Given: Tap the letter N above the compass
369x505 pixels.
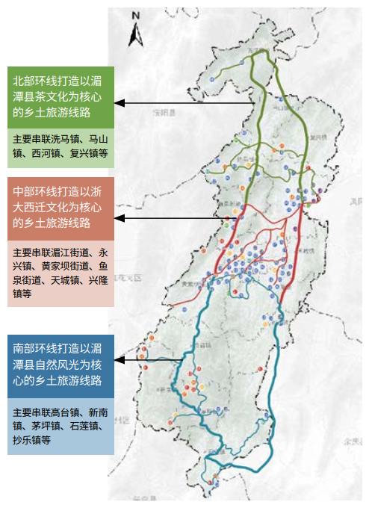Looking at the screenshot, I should point(136,14).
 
